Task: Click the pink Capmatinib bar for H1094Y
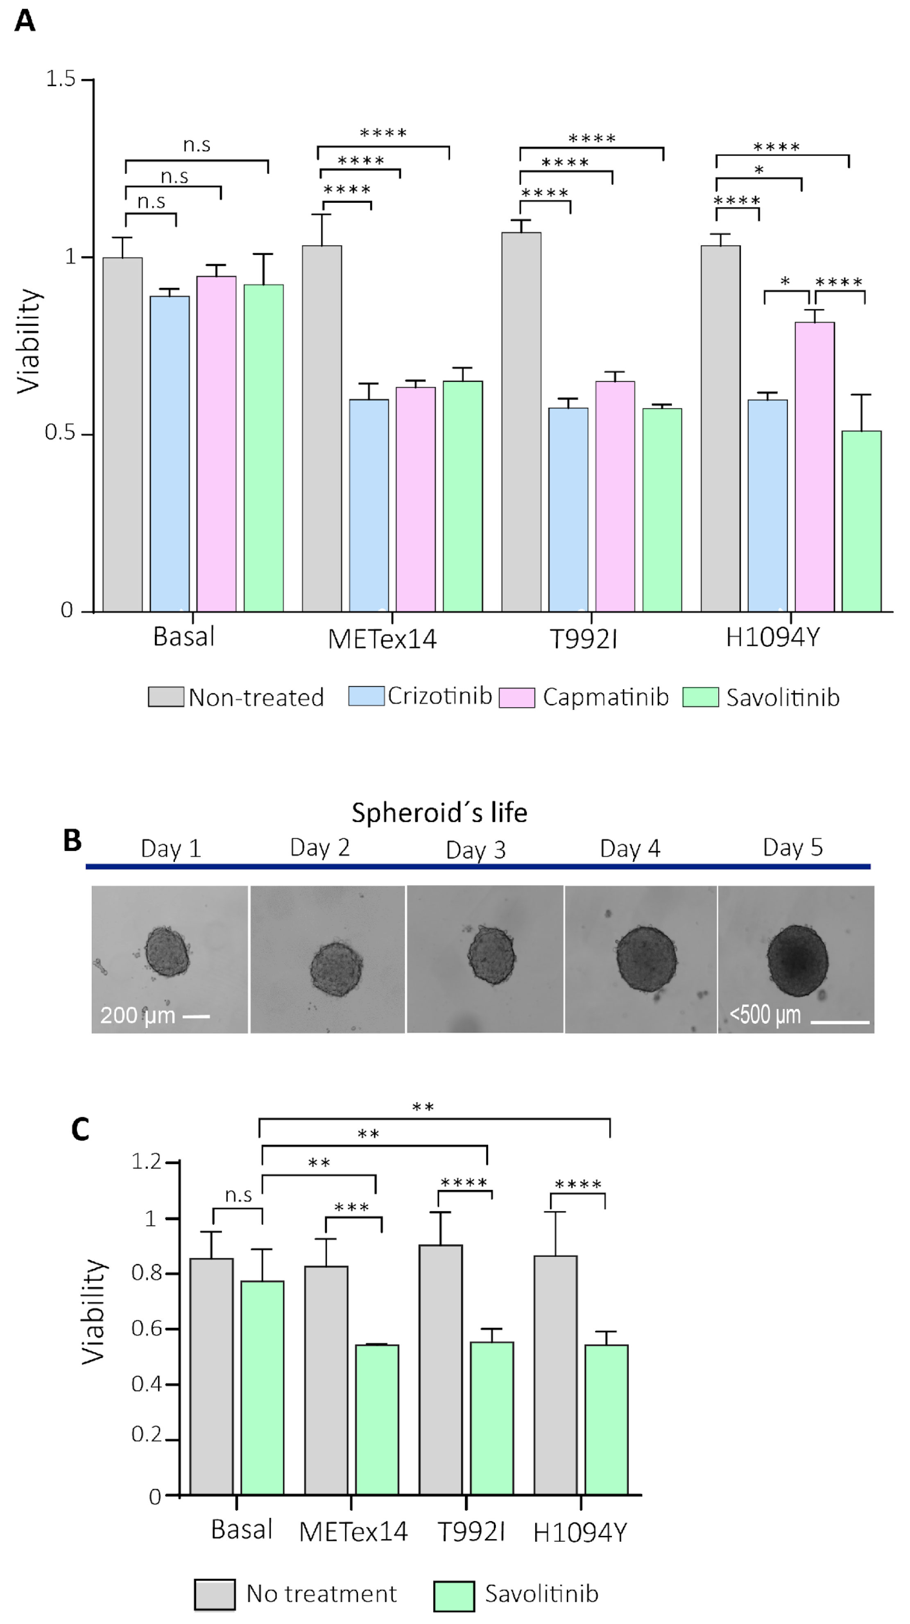click(814, 466)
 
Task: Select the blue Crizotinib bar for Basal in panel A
click(170, 454)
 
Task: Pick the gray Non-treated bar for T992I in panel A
click(521, 422)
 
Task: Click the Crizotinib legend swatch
click(366, 695)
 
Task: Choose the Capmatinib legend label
click(605, 697)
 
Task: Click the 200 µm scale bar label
click(137, 1015)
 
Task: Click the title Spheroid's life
click(439, 813)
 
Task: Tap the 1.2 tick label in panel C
click(146, 1161)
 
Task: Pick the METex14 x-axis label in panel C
click(353, 1532)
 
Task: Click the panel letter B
click(72, 840)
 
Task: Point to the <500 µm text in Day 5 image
click(765, 1015)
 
